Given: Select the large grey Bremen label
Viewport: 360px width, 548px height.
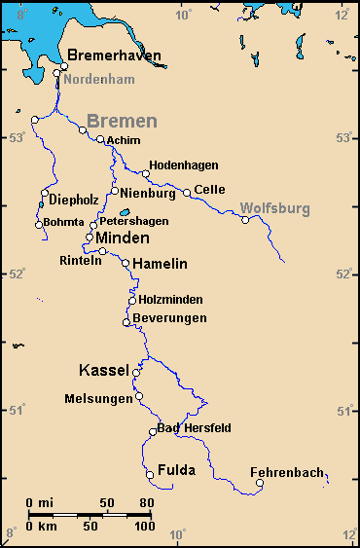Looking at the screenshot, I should coord(122,122).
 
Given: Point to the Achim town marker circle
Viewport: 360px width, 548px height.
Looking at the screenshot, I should coord(100,139).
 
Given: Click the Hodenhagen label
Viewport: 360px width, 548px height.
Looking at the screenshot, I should coord(184,165).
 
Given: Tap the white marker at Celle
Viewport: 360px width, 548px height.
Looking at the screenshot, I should coord(187,193).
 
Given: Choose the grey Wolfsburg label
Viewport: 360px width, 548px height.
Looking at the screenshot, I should coord(275,208).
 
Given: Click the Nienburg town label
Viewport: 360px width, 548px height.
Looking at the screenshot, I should coord(148,192).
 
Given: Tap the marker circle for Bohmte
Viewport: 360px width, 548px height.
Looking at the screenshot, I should coord(39,225).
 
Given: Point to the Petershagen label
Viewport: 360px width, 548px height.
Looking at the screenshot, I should coord(133,221).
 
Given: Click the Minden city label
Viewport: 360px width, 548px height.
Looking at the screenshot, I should coord(123,238).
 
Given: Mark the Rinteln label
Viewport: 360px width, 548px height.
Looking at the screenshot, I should coord(80,261).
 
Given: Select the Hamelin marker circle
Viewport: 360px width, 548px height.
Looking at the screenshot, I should coord(126,263).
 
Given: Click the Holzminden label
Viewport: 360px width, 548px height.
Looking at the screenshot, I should coord(172,300).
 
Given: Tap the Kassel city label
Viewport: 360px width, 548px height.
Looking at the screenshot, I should coord(104,371).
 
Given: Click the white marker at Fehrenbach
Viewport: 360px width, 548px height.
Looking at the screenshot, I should coord(259,483).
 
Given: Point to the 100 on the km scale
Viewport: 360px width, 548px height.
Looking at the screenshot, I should coord(143,526).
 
